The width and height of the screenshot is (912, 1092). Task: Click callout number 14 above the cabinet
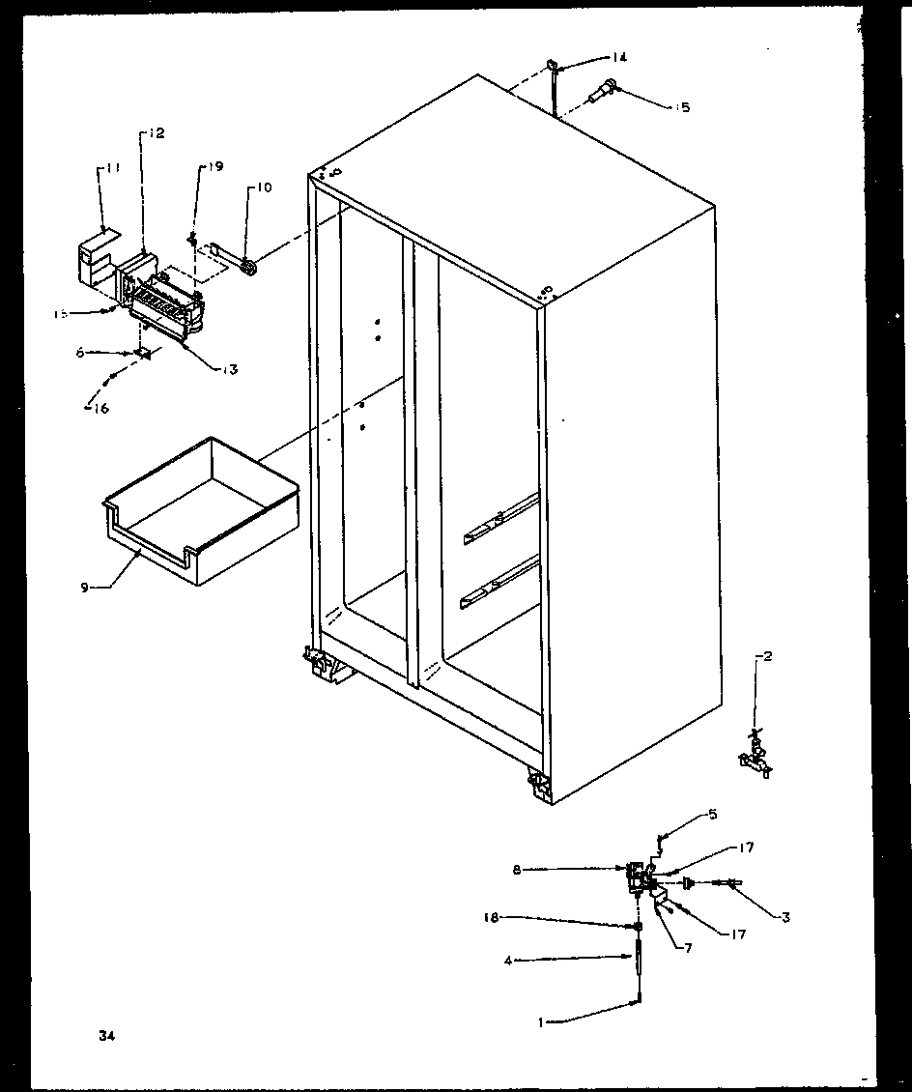pyautogui.click(x=618, y=57)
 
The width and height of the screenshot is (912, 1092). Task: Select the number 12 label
pyautogui.click(x=156, y=133)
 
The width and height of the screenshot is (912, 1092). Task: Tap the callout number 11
pyautogui.click(x=113, y=168)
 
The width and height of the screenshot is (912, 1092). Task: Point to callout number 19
pyautogui.click(x=213, y=167)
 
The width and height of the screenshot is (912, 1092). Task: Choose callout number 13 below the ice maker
pyautogui.click(x=229, y=369)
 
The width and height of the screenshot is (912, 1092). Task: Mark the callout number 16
pyautogui.click(x=100, y=408)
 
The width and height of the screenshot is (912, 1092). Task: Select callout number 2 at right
pyautogui.click(x=767, y=657)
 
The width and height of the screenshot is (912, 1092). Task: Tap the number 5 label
pyautogui.click(x=713, y=814)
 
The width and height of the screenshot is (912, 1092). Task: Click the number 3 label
pyautogui.click(x=785, y=918)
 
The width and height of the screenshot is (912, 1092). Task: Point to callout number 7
pyautogui.click(x=687, y=949)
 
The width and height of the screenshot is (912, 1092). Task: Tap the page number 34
pyautogui.click(x=105, y=1036)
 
